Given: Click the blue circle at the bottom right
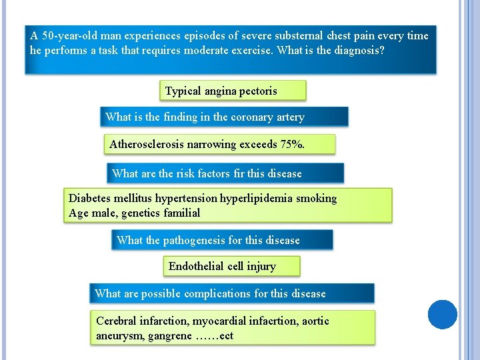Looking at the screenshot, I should coord(443,315).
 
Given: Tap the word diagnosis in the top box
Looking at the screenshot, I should coord(358,51).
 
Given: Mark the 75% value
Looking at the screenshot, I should coord(293,144).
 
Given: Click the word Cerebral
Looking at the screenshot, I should coord(117,321).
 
